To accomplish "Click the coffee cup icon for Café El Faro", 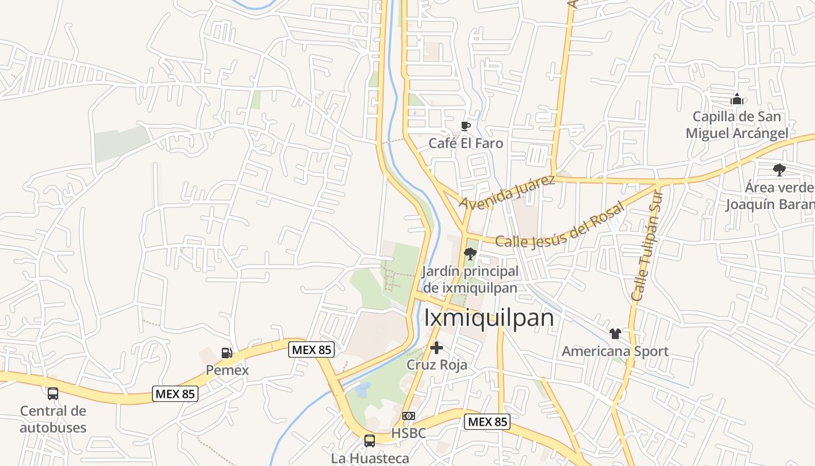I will (x=465, y=126).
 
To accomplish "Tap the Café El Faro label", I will (x=465, y=143).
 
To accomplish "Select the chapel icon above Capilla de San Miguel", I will (x=737, y=100).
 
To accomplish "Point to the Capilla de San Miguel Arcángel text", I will (x=737, y=125).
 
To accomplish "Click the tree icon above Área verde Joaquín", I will (x=779, y=170).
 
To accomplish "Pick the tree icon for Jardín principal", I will (x=470, y=253).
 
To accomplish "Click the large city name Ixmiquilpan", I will (x=489, y=318).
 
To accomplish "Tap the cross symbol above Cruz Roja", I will (x=437, y=348).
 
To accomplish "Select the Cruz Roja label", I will (x=437, y=365).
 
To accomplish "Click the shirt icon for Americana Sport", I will (x=615, y=334).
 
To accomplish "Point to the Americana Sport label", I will (x=615, y=351).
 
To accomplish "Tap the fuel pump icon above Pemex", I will (x=226, y=352).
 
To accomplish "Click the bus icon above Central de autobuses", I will (x=53, y=394).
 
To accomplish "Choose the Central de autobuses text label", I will (x=53, y=419).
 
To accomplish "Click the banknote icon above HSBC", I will (x=409, y=416).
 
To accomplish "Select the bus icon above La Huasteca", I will (x=370, y=440).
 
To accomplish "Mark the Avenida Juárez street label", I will (x=507, y=192).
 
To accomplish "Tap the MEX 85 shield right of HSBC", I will (x=487, y=422).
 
